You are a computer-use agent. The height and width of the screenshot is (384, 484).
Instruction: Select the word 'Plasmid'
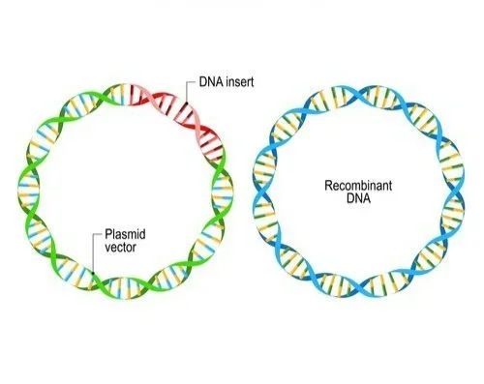[120, 234]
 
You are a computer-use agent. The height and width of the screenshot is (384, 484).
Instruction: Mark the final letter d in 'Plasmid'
[136, 234]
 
